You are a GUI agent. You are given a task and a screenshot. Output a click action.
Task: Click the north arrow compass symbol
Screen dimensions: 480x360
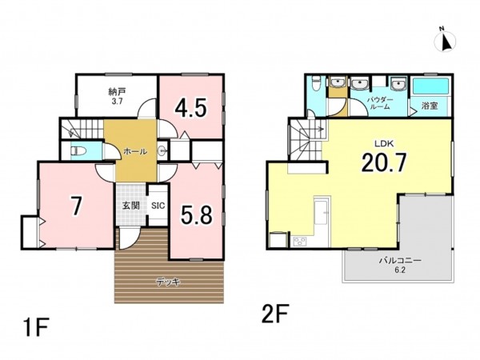click(x=445, y=41)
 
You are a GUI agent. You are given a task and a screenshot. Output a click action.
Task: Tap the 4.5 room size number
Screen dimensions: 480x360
click(x=191, y=108)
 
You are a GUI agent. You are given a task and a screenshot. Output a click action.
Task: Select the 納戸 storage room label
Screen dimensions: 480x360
click(x=117, y=91)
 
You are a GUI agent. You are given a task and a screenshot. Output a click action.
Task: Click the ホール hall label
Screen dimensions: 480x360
click(x=135, y=151)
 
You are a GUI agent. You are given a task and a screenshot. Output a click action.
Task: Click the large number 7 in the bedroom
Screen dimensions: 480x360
click(x=76, y=206)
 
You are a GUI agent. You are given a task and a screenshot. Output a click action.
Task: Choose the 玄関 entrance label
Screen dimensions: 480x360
click(x=131, y=206)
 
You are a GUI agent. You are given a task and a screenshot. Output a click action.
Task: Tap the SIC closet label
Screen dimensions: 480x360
click(x=158, y=206)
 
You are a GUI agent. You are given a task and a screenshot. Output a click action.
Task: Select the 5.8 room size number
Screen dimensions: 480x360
click(x=196, y=214)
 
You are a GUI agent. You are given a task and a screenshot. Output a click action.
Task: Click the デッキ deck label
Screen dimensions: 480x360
click(x=168, y=282)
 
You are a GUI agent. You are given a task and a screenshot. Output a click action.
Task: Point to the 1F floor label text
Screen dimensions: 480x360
click(x=36, y=327)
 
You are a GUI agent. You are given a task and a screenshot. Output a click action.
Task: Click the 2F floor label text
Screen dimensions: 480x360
click(x=275, y=314)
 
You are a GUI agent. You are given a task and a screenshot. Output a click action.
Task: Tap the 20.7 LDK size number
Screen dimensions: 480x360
click(x=384, y=162)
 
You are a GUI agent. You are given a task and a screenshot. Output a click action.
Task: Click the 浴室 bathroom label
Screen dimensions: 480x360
click(x=430, y=106)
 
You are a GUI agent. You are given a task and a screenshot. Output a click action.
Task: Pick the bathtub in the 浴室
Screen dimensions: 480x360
click(x=431, y=86)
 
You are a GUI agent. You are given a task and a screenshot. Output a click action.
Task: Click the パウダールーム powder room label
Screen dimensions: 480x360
click(x=380, y=103)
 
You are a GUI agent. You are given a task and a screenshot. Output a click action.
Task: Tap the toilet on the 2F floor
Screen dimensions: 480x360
click(x=315, y=83)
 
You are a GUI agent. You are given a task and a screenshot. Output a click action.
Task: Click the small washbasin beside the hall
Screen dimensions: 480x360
click(x=162, y=150)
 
